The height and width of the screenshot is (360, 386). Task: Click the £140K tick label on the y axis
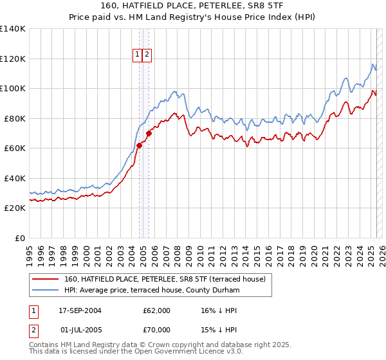(13, 29)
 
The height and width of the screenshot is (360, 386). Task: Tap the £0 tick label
(21, 238)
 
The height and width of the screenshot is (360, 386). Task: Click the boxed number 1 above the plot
(138, 55)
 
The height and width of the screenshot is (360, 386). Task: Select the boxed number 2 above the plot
(147, 55)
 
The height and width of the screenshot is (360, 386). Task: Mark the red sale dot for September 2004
(139, 146)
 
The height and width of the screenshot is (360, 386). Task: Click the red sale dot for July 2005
(148, 134)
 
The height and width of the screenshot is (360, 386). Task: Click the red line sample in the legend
(46, 279)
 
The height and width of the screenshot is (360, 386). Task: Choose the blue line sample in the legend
(46, 291)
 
